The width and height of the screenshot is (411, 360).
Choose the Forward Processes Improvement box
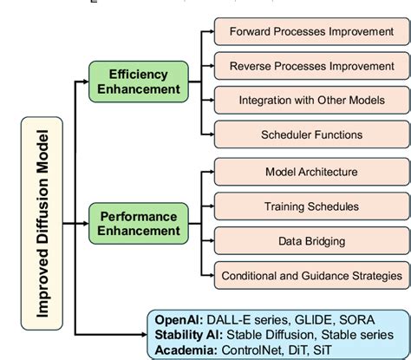[x=310, y=32]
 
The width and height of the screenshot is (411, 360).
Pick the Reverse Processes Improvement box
[x=310, y=66]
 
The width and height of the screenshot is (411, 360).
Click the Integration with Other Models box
[x=310, y=100]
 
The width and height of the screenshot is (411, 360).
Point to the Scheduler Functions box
[x=310, y=134]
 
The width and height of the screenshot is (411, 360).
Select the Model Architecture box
[x=310, y=173]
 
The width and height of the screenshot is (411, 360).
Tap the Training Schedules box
[x=310, y=206]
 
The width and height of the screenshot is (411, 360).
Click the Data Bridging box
[x=310, y=240]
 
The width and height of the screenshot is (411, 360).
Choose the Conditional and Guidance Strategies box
[x=310, y=275]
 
